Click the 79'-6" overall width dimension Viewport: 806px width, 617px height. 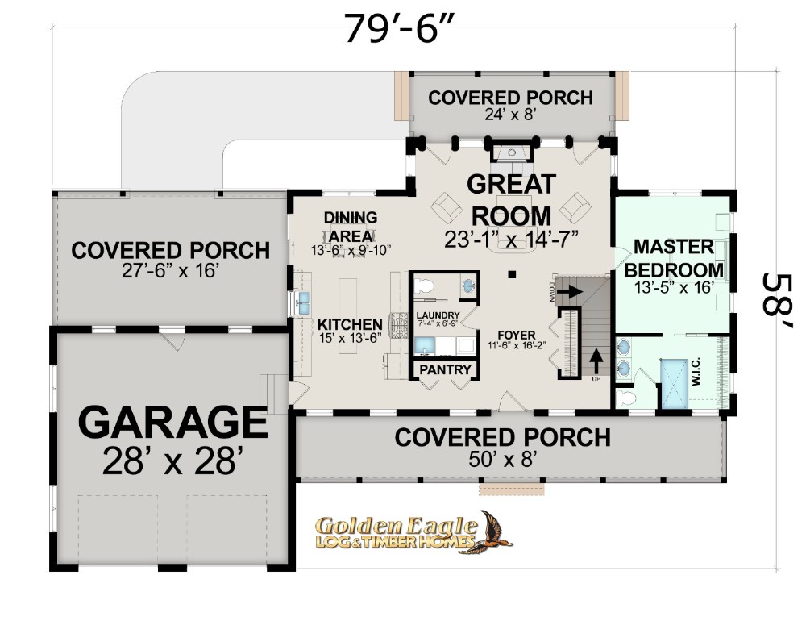pyautogui.click(x=400, y=29)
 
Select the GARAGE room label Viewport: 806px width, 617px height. pyautogui.click(x=172, y=421)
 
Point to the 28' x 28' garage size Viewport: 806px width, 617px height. pyautogui.click(x=169, y=461)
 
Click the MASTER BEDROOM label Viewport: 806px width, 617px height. pyautogui.click(x=674, y=258)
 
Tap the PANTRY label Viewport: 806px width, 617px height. pyautogui.click(x=445, y=369)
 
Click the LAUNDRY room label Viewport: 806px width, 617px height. pyautogui.click(x=438, y=315)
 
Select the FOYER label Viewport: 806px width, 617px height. pyautogui.click(x=517, y=336)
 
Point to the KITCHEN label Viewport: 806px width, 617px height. pyautogui.click(x=350, y=324)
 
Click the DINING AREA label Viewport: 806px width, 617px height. pyautogui.click(x=351, y=227)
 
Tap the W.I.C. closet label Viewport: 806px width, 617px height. pyautogui.click(x=696, y=372)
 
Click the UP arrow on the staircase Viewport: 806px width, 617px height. pyautogui.click(x=596, y=361)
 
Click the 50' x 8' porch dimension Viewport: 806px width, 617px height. pyautogui.click(x=503, y=459)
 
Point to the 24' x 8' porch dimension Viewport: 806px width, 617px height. pyautogui.click(x=510, y=114)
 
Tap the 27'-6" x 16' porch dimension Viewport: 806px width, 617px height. pyautogui.click(x=171, y=270)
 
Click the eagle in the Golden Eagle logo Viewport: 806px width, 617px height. pyautogui.click(x=496, y=532)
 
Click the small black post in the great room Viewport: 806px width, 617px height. pyautogui.click(x=512, y=274)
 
